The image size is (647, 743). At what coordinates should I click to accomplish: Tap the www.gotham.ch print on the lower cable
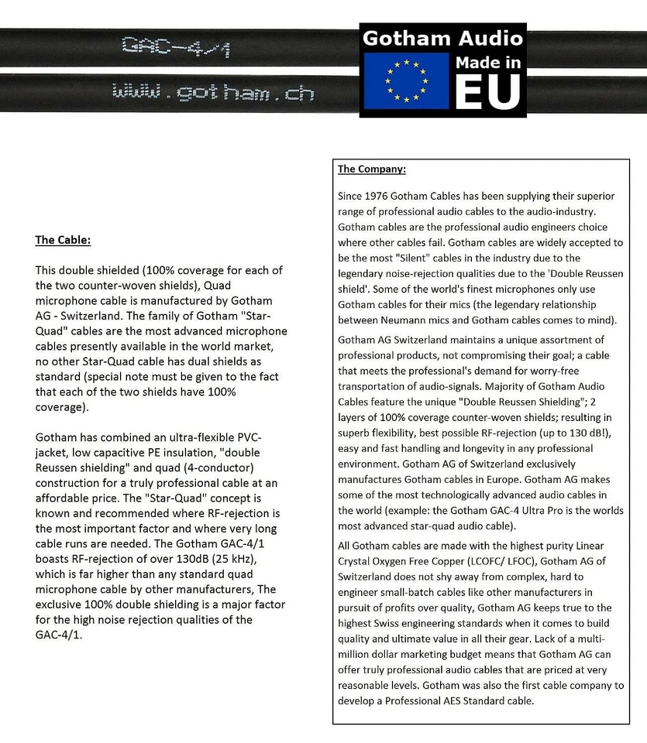[213, 93]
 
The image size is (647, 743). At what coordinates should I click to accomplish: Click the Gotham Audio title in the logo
[443, 38]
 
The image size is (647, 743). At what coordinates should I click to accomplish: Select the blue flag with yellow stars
[407, 80]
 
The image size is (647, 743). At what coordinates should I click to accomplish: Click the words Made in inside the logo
[487, 62]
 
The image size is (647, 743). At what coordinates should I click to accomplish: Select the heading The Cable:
[63, 240]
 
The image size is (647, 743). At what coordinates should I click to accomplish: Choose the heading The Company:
[372, 169]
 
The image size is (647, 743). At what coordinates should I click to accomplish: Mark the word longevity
[470, 448]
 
